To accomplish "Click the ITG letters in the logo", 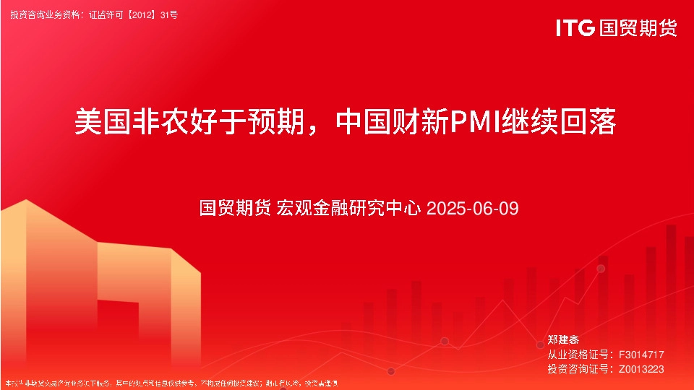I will click(x=575, y=28).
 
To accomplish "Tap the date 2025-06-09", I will click(x=473, y=209).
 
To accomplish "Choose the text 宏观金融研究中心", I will click(x=350, y=209).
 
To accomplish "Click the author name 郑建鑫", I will click(x=563, y=339).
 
